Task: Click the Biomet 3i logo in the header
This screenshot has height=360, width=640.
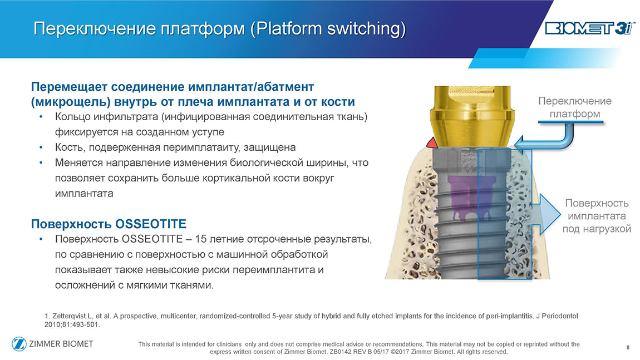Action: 589,28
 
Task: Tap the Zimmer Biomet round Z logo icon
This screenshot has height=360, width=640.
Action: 19,344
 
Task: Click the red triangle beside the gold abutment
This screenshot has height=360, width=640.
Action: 432,142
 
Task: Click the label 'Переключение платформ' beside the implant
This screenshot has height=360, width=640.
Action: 575,107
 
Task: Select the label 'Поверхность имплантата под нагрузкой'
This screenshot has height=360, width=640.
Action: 597,216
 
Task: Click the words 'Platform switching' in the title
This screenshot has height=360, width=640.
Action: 328,28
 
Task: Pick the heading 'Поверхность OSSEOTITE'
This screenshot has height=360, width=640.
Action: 109,224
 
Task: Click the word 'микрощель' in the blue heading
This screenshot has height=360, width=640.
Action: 71,102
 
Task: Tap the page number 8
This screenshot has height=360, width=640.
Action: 628,347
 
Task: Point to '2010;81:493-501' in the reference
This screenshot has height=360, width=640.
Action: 72,325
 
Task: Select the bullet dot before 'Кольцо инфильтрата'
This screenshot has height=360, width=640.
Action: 41,117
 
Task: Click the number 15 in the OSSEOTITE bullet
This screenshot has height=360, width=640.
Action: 201,239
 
